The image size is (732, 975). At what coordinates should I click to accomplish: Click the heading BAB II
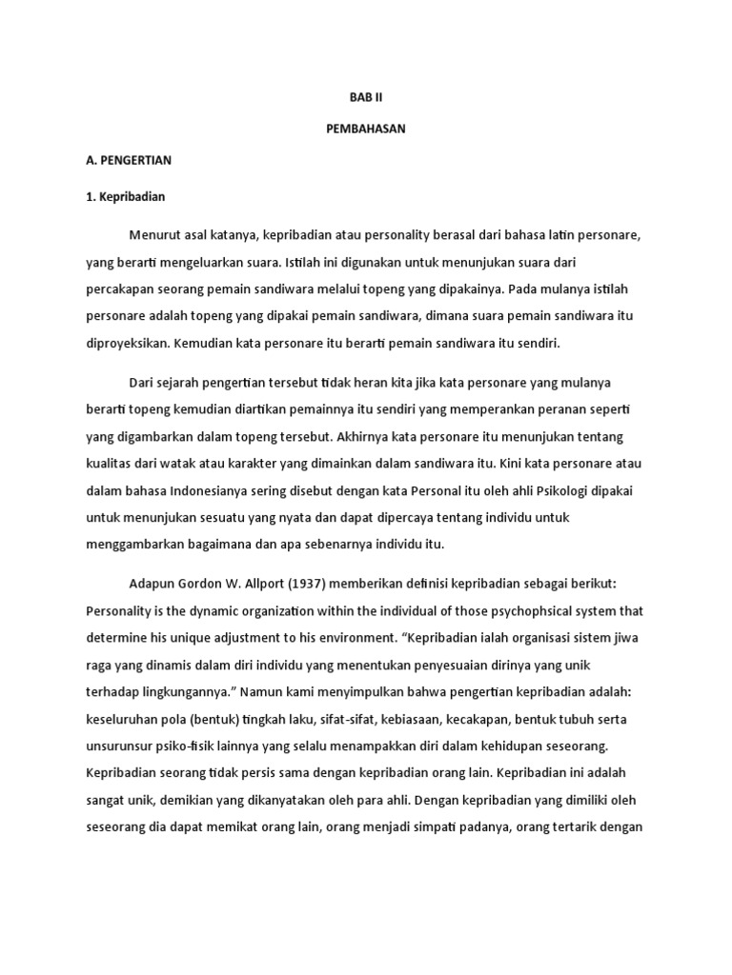[366, 97]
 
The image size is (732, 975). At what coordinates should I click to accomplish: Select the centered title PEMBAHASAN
[366, 129]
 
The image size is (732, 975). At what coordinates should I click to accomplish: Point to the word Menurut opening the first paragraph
[153, 234]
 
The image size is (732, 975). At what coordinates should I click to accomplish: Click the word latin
[539, 234]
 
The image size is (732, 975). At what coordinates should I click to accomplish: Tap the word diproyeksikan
[128, 342]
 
